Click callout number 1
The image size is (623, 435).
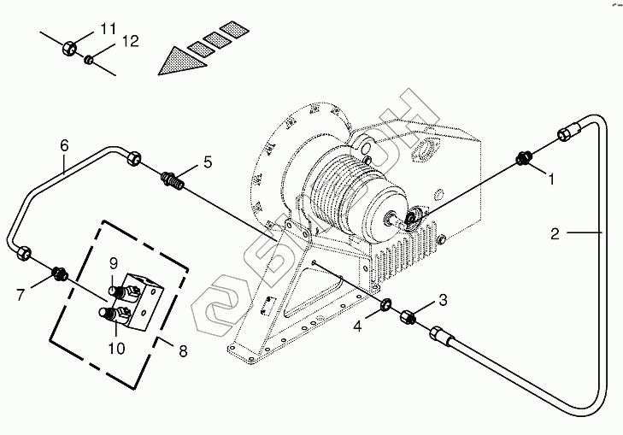click(551, 180)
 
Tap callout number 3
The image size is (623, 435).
click(443, 299)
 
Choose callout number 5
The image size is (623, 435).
click(206, 162)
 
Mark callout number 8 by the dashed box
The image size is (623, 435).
click(180, 350)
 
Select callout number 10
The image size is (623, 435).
click(116, 348)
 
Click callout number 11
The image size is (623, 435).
click(108, 29)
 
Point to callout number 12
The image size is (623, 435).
click(130, 40)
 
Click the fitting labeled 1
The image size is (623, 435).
click(524, 158)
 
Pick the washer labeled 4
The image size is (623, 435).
click(385, 304)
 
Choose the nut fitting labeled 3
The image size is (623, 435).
click(408, 318)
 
